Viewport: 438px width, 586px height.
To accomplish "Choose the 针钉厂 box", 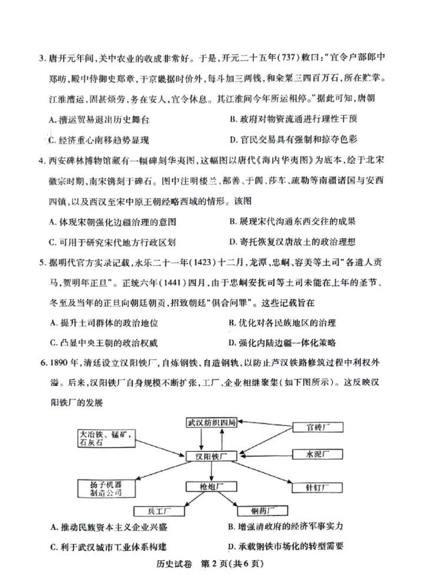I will point(316,487).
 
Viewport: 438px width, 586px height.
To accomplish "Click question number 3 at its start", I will point(42,58).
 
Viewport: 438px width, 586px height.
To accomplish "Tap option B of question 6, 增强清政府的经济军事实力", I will point(285,527).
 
